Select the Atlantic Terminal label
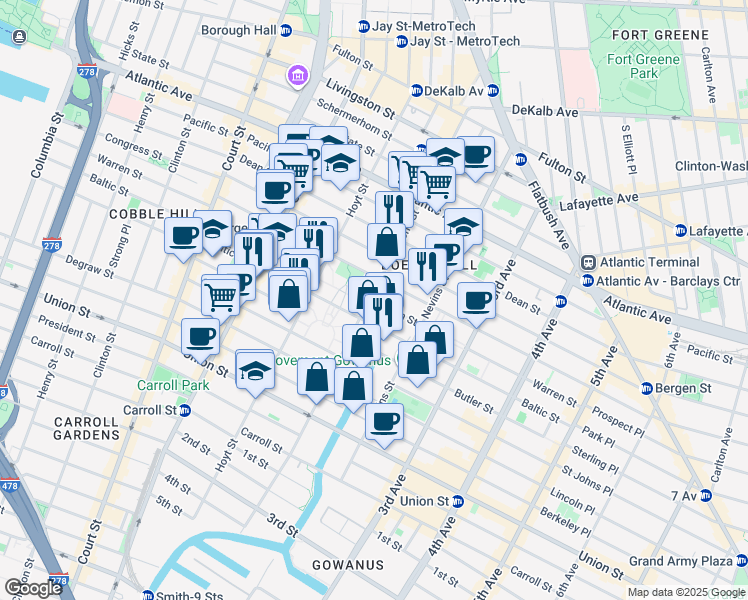640,262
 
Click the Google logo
32,588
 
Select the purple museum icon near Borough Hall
297,75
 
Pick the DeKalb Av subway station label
453,91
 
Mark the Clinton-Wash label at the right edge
711,166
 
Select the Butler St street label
474,403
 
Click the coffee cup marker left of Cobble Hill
184,236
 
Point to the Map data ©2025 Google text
685,591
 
